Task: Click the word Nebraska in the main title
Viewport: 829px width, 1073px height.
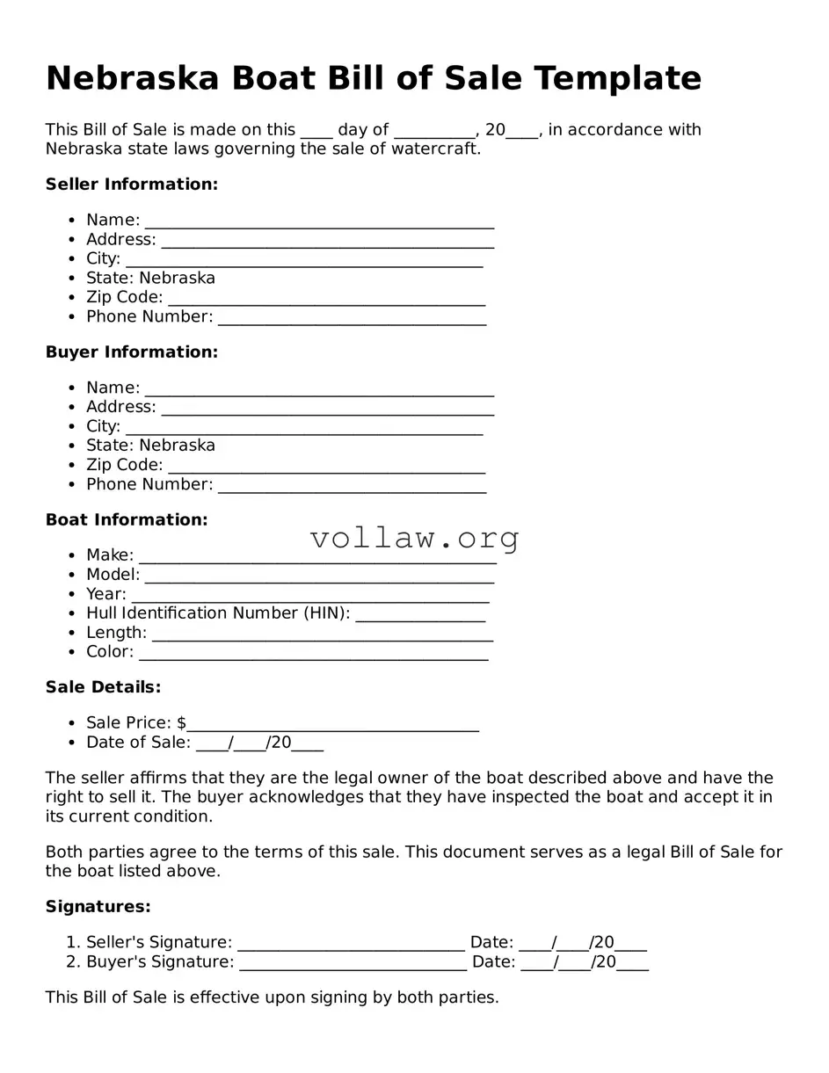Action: [x=132, y=78]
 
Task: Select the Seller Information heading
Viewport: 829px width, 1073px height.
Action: [x=131, y=185]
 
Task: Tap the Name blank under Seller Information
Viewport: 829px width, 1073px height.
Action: [x=319, y=221]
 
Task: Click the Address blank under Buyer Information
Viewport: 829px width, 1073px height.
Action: [x=327, y=409]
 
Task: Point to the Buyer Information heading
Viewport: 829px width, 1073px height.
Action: [x=131, y=352]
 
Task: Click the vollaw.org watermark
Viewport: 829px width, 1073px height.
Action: [x=414, y=537]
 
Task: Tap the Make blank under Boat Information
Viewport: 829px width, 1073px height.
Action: [x=317, y=556]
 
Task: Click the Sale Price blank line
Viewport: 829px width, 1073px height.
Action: [x=332, y=724]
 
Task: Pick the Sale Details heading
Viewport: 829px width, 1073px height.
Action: [x=103, y=687]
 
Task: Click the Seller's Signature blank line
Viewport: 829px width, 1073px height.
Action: [x=351, y=944]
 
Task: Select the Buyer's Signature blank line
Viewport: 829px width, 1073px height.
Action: [x=353, y=963]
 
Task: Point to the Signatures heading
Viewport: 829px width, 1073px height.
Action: [x=98, y=907]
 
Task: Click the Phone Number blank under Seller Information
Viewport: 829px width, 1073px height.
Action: [x=352, y=318]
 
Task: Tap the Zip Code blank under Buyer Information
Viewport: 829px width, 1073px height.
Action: [x=326, y=466]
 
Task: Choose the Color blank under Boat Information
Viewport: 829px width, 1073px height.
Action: [x=313, y=653]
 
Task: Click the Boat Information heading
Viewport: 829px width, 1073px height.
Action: [x=127, y=520]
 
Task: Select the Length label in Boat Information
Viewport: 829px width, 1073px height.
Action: [x=116, y=633]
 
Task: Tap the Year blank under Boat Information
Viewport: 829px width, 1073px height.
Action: [x=309, y=595]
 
